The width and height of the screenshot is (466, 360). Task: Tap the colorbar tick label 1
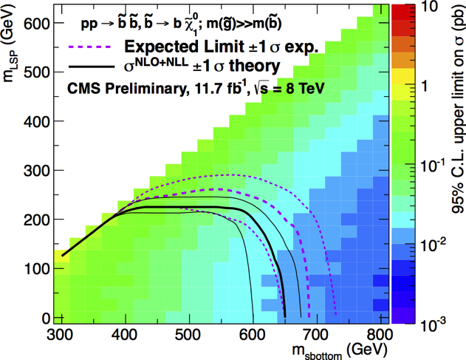tap(422, 86)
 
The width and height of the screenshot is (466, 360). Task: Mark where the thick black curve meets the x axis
tap(285, 318)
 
